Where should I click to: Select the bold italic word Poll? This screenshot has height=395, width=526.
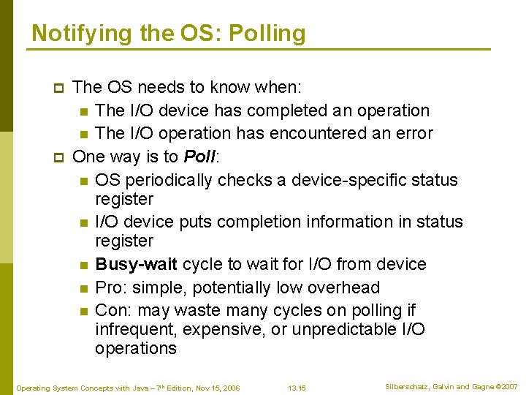point(199,157)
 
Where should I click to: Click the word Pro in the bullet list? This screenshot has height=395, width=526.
point(109,287)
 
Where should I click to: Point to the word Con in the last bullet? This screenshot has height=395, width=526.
point(110,310)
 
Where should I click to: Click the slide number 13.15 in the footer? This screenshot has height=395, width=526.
point(297,387)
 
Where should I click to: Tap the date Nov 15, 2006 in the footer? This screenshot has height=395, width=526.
point(216,387)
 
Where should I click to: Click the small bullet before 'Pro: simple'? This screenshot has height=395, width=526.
point(85,288)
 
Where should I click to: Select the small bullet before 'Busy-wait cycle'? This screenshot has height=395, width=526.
point(85,265)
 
